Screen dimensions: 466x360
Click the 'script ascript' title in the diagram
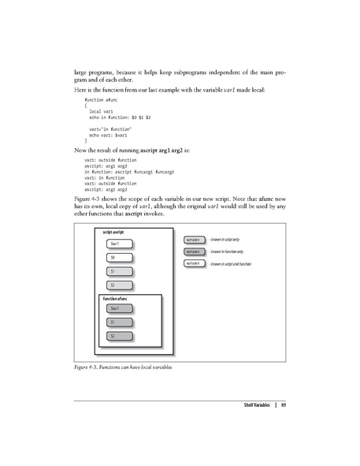114,231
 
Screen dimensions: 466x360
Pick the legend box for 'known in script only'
193,238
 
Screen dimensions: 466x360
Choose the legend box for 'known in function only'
193,251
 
